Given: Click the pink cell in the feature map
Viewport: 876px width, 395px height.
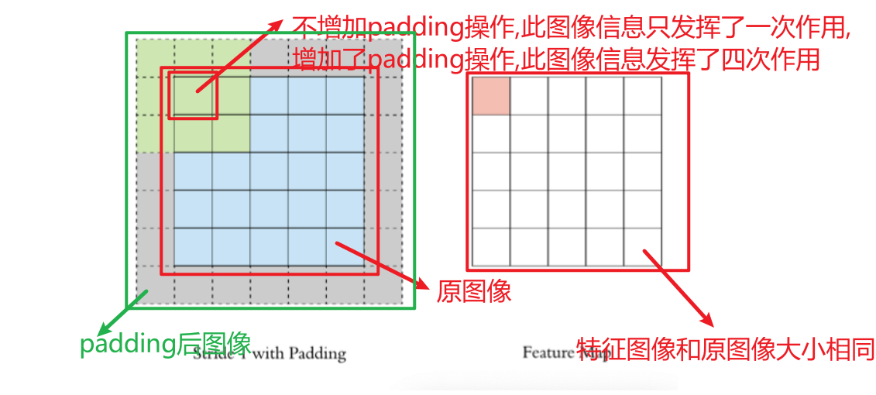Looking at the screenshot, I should [x=490, y=95].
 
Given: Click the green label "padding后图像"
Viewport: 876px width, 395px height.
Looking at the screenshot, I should [x=165, y=344].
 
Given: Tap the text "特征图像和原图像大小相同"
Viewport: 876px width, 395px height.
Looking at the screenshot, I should [x=726, y=349].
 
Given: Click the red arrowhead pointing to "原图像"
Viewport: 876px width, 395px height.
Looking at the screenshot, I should [x=424, y=284].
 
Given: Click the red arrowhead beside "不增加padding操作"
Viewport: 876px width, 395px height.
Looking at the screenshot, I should [x=277, y=24].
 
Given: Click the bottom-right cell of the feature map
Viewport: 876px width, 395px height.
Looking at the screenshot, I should [x=643, y=247].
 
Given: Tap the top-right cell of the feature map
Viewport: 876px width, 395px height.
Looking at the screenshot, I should [x=643, y=95].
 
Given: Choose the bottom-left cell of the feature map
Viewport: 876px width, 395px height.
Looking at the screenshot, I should [x=490, y=247].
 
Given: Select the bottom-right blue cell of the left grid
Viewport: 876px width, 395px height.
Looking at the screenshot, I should [x=345, y=247].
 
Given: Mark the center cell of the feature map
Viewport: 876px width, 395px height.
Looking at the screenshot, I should [x=567, y=171].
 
